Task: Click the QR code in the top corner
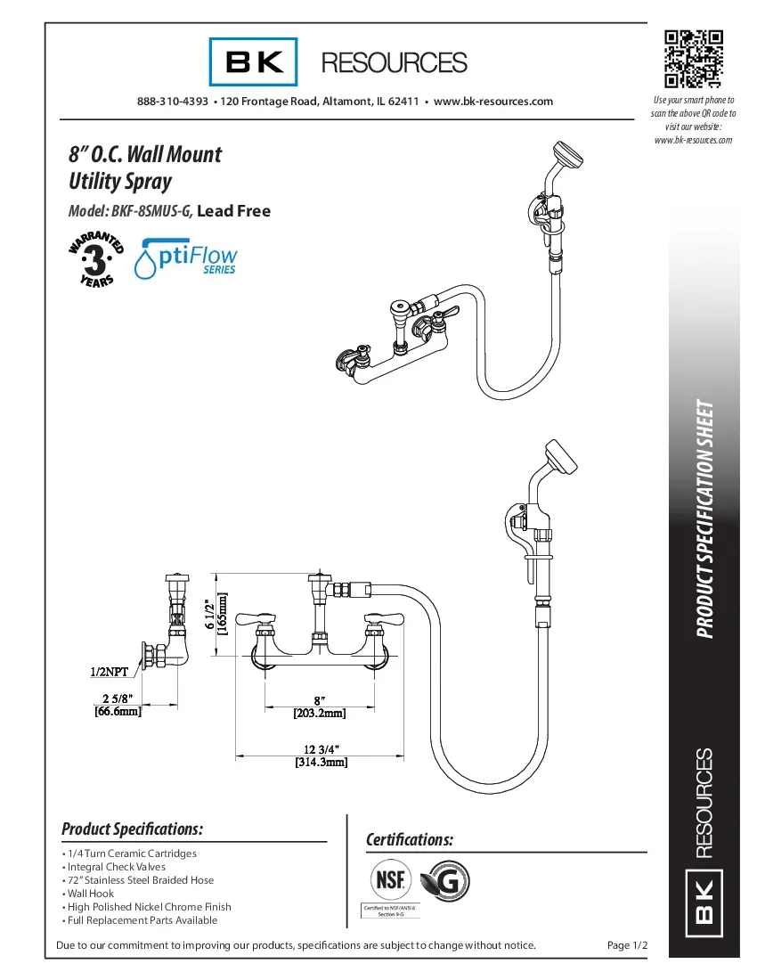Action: pos(693,59)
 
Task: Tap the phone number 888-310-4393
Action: pos(172,102)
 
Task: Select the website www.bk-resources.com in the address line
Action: pos(492,102)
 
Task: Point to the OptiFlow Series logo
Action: pos(186,257)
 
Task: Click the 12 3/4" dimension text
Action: pos(321,747)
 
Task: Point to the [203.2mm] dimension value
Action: pos(319,713)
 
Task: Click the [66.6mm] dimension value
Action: pos(118,711)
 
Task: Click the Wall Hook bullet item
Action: pos(90,893)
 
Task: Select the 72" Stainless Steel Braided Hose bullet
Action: pos(141,879)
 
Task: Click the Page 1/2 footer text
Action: pos(626,945)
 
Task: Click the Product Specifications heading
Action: pos(132,829)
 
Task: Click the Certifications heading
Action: pos(410,840)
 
